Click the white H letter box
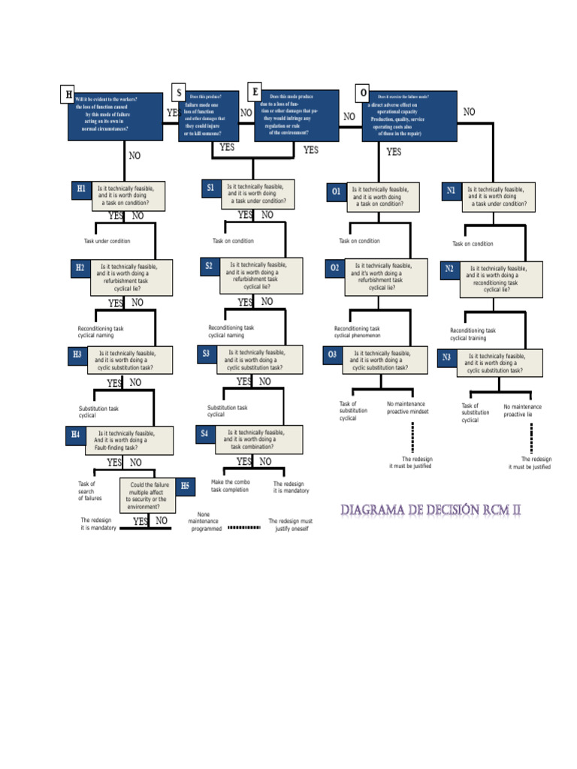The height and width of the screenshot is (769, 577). (x=68, y=95)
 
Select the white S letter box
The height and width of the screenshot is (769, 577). (x=179, y=92)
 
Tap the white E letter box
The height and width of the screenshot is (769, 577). (x=255, y=92)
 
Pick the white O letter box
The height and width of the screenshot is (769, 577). (x=364, y=93)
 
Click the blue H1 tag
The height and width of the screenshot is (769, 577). (x=81, y=188)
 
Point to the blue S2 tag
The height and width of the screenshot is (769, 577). (x=209, y=266)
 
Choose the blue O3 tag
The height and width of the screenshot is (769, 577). (x=333, y=354)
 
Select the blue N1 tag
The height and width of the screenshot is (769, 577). (x=451, y=191)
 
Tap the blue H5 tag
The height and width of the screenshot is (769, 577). (x=186, y=486)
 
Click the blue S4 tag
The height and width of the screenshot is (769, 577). (x=205, y=433)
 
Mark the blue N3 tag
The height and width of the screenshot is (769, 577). (x=446, y=357)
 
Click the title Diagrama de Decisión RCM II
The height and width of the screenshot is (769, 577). (x=430, y=511)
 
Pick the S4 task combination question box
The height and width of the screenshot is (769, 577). (x=258, y=439)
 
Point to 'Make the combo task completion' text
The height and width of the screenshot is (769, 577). (x=230, y=486)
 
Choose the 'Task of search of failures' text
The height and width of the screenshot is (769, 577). (x=90, y=491)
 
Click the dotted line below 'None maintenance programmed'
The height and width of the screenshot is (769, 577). (x=243, y=527)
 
